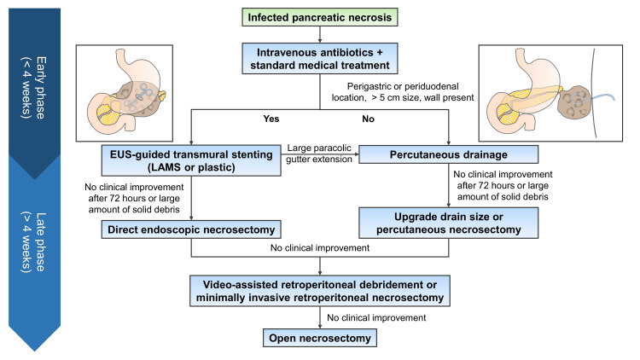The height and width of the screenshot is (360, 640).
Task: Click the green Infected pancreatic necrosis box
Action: pos(320,17)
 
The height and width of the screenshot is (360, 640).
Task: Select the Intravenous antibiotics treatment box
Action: pos(320,58)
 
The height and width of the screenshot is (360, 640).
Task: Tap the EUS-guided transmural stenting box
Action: pos(191,161)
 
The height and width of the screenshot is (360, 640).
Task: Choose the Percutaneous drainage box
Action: pos(448,154)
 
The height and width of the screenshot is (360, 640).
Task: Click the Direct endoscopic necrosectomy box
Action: pos(191,229)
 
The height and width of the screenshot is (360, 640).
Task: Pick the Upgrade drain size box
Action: pos(448,223)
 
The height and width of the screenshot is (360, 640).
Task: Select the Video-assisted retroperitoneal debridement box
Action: pos(320,291)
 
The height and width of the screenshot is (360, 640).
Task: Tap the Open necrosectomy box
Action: pos(320,338)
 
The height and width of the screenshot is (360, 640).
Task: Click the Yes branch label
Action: pos(271,119)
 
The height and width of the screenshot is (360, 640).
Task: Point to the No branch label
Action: pos(368,119)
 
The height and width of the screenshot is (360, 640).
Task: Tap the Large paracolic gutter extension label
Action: pos(319,154)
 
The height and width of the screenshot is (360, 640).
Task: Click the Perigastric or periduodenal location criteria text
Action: pos(403,92)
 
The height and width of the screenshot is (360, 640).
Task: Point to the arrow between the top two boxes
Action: pos(320,35)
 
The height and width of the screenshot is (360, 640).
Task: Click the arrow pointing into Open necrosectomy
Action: pos(320,317)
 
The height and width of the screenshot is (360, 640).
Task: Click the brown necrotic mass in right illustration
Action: pos(573,102)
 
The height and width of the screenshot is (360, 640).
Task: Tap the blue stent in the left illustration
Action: pos(142,95)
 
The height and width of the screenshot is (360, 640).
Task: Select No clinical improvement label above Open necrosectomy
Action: pos(376,317)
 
